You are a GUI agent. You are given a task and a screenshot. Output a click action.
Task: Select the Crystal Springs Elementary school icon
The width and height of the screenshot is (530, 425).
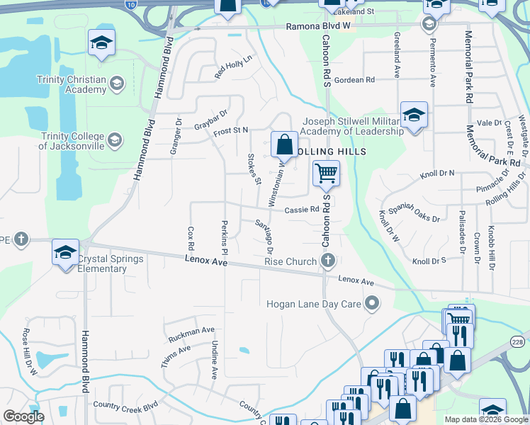(x=65, y=254)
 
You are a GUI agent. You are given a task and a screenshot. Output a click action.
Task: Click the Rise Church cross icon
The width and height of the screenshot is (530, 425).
(x=327, y=262)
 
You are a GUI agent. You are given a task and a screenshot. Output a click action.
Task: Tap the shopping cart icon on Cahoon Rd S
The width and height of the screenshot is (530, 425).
(x=326, y=173)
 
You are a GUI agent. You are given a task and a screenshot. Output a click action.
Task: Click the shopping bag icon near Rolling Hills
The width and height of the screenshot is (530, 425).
(x=283, y=144)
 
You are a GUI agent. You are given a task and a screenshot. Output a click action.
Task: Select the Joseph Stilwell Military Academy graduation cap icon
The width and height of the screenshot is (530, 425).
(x=414, y=115)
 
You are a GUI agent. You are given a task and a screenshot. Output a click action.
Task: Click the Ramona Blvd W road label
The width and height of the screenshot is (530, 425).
(x=318, y=26)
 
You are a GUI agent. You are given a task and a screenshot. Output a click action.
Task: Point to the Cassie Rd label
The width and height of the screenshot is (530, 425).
(x=302, y=210)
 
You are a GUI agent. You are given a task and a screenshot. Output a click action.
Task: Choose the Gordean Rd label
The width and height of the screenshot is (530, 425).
(x=354, y=80)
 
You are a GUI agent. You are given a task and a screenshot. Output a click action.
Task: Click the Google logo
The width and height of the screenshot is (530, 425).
(x=23, y=416)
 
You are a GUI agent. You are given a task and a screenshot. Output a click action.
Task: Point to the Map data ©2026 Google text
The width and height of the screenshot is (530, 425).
(x=485, y=419)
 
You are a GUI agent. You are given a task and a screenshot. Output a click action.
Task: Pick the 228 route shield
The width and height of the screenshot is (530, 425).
(x=519, y=344)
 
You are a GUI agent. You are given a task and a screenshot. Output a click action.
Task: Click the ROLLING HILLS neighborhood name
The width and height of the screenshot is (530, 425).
(x=331, y=152)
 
